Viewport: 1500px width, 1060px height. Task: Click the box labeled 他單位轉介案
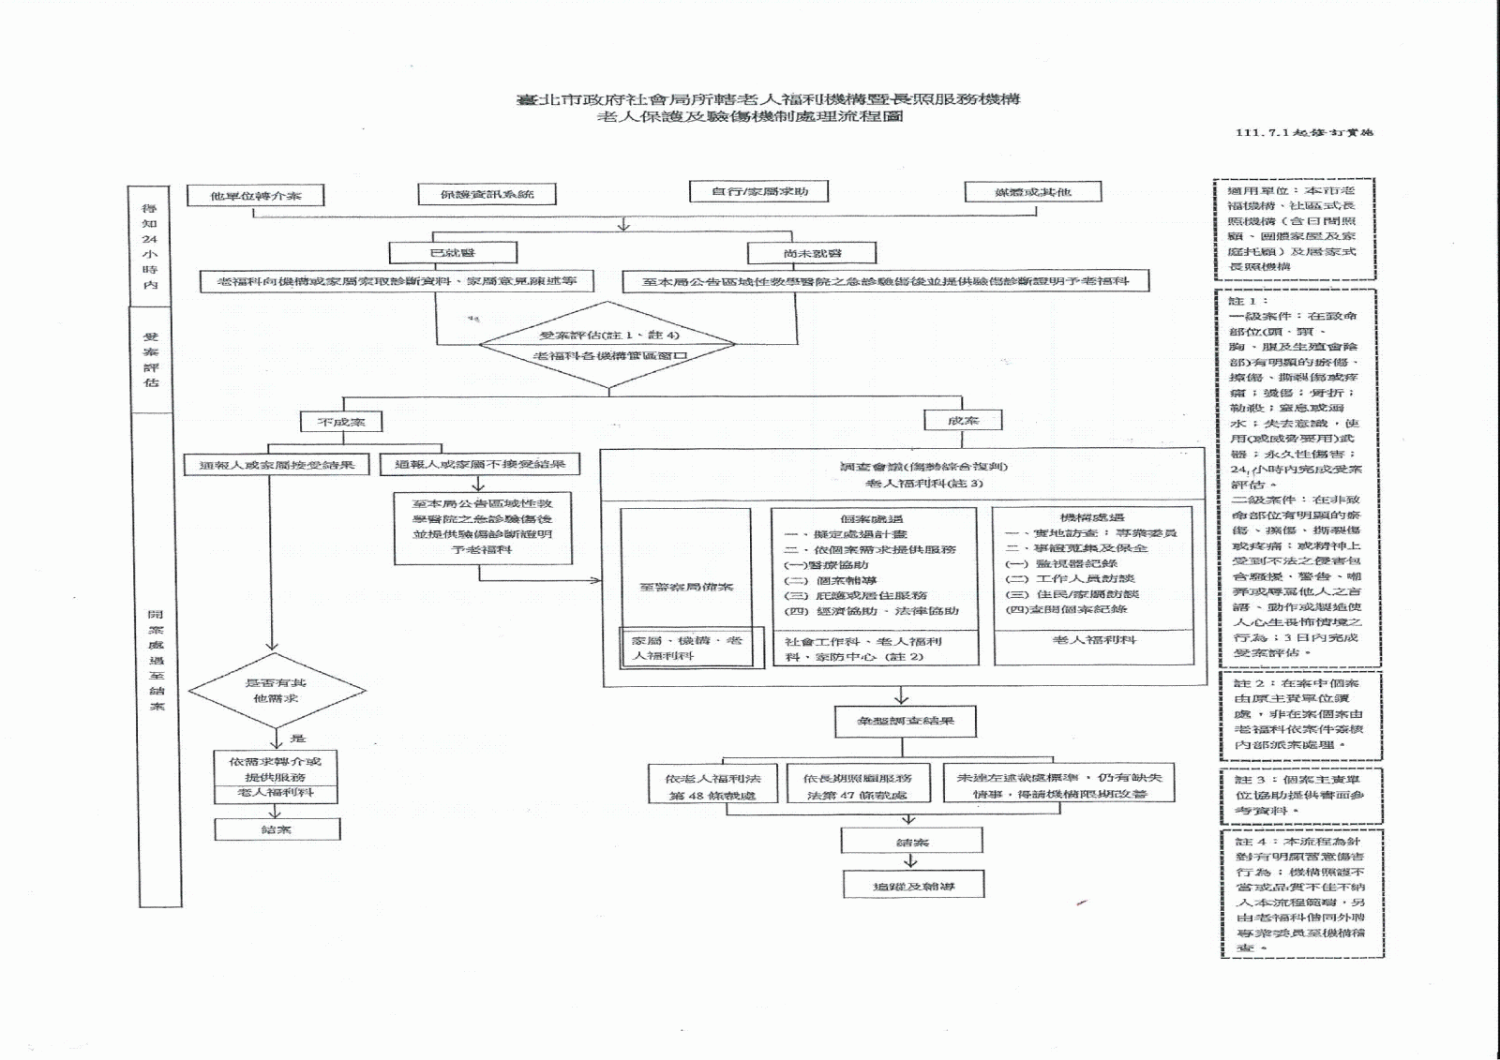(255, 196)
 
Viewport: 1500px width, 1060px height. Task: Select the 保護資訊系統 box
(487, 194)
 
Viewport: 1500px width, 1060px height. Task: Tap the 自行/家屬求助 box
(759, 191)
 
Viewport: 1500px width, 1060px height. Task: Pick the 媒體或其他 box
(1033, 192)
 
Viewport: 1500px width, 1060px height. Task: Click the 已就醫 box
(453, 253)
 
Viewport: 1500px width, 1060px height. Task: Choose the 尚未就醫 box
(812, 253)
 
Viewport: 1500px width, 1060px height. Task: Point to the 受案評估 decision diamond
(608, 345)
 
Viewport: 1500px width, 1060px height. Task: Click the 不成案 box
(341, 422)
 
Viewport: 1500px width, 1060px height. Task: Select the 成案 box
(963, 421)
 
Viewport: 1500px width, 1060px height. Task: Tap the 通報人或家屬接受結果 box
(277, 465)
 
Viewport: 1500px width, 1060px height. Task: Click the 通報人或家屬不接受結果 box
(480, 464)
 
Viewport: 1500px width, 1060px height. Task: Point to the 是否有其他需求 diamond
(277, 691)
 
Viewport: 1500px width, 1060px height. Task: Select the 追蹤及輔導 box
(913, 886)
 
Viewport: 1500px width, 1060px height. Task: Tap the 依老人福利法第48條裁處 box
(712, 785)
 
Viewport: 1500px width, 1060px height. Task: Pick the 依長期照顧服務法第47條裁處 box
(857, 785)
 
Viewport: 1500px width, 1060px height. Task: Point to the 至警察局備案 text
(686, 587)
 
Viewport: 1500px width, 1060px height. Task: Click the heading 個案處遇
(872, 518)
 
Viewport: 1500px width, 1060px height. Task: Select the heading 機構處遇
(1092, 517)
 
